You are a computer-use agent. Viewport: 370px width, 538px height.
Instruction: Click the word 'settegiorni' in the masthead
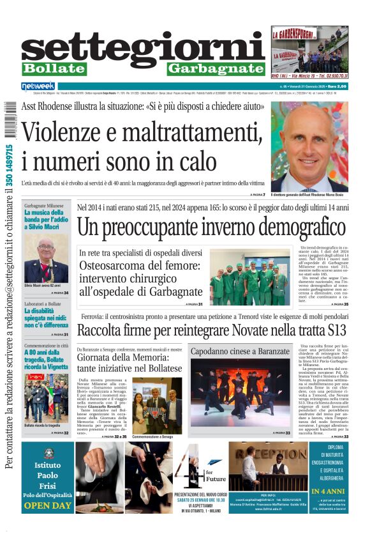144,47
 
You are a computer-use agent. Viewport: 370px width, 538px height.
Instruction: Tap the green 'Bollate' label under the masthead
54,68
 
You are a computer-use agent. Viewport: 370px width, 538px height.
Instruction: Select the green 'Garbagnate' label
216,68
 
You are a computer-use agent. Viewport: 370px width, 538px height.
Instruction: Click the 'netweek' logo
38,86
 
